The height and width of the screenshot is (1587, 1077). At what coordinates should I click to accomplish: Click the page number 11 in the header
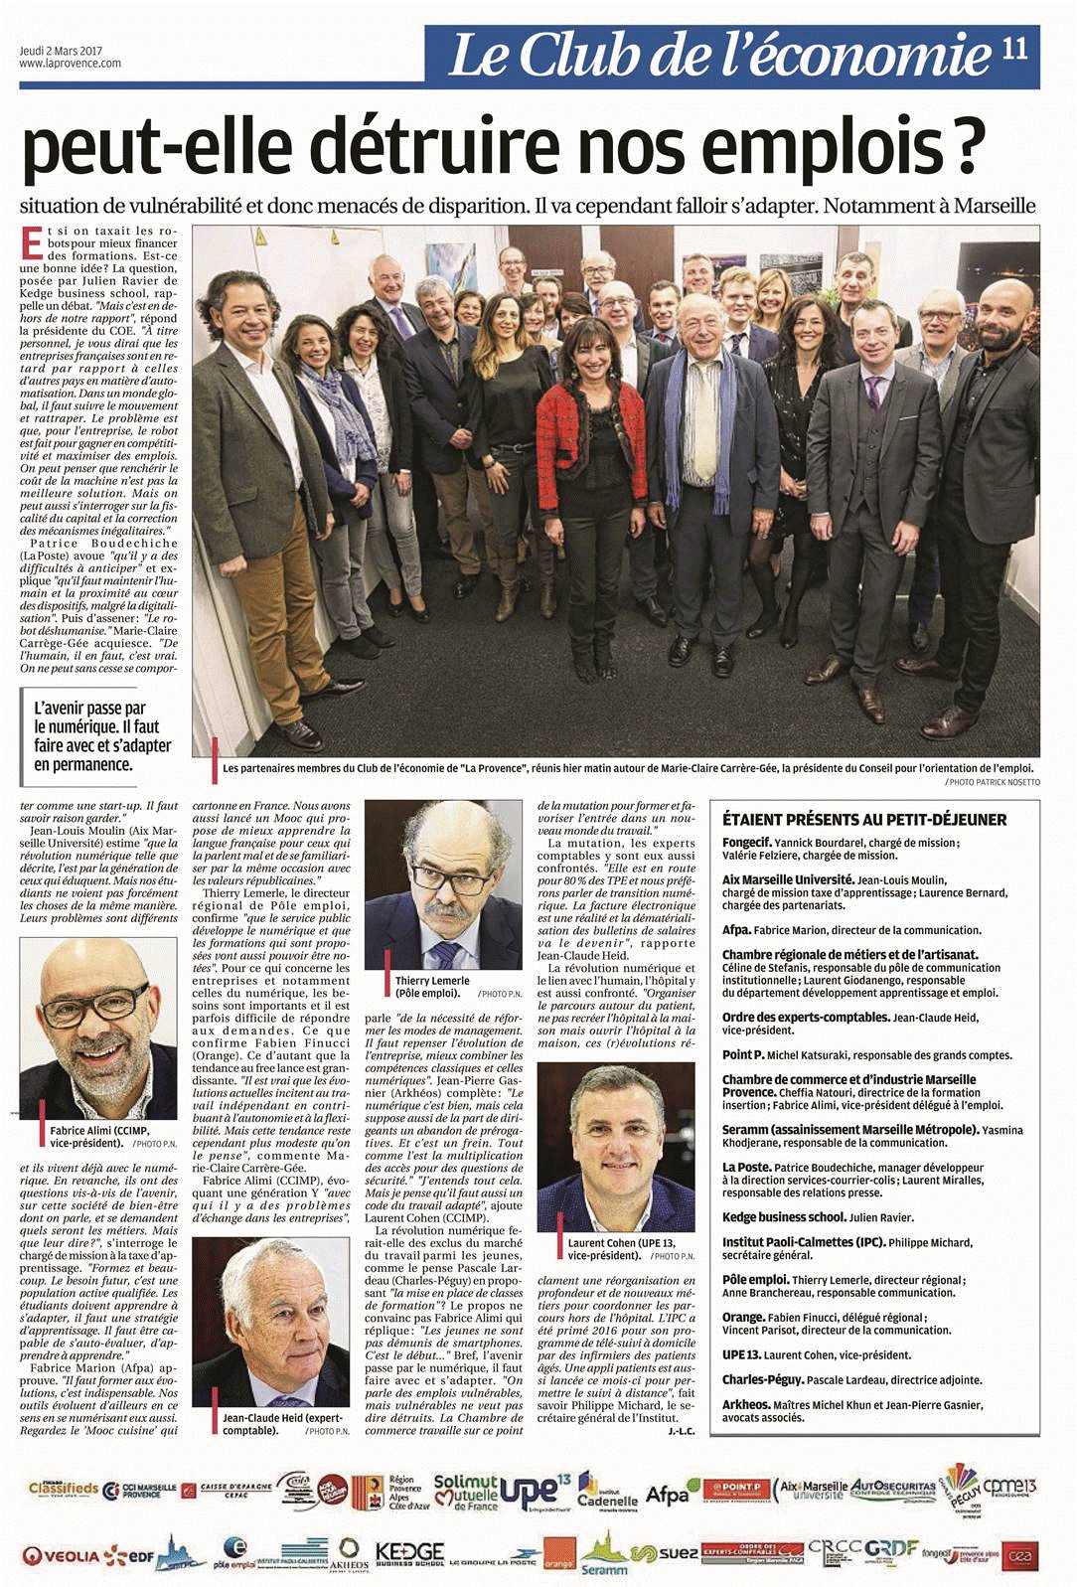pos(1014,50)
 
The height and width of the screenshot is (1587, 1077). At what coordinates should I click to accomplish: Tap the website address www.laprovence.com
pos(70,64)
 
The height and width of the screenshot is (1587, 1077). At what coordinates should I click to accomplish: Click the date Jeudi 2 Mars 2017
pos(61,51)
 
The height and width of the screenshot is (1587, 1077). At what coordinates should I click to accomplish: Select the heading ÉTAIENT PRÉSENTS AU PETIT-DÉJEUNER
pos(864,820)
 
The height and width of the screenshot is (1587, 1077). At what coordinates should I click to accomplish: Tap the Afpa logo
pos(667,1494)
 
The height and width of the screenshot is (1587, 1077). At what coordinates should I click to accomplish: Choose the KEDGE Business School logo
pos(409,1554)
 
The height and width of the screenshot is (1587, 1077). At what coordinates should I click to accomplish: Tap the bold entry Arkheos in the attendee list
pos(746,1404)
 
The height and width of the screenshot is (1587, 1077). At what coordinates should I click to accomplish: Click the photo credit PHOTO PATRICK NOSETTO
pos(993,782)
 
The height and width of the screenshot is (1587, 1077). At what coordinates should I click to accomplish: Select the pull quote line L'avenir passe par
pos(89,709)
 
